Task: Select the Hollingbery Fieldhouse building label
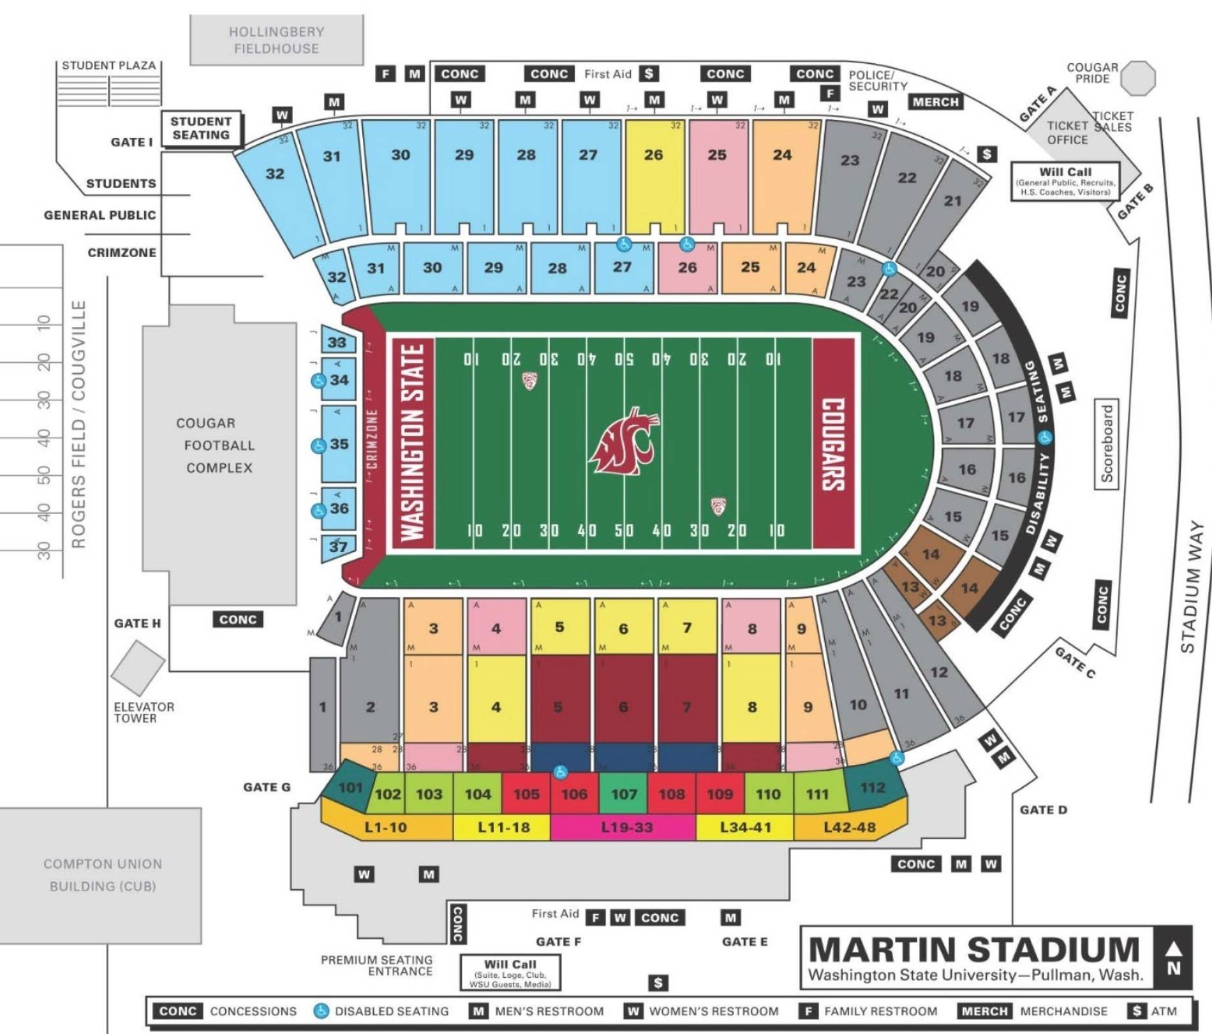276,40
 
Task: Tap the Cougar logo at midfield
623,442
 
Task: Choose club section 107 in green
623,794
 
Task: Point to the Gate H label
137,623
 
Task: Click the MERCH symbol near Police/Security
935,102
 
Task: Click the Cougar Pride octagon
1138,78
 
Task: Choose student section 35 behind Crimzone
338,444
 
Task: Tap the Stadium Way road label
1190,587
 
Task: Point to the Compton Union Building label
102,875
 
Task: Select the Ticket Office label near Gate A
1067,133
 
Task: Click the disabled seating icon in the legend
321,1011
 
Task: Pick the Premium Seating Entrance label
376,965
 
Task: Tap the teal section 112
872,788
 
